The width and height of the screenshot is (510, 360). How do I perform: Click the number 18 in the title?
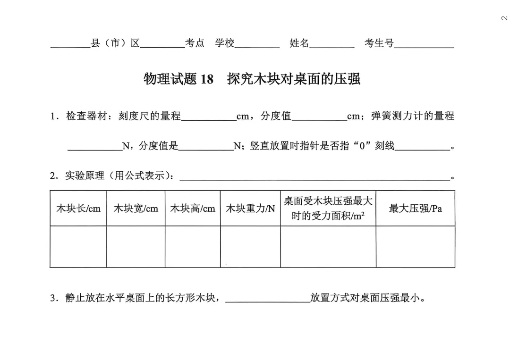pyautogui.click(x=207, y=79)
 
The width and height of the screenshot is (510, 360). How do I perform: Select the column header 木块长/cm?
pyautogui.click(x=78, y=209)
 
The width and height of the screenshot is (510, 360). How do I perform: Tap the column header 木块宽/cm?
pyautogui.click(x=136, y=209)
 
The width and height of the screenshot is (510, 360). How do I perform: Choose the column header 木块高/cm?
pyautogui.click(x=193, y=209)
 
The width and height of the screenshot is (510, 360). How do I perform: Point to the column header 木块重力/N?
pyautogui.click(x=250, y=209)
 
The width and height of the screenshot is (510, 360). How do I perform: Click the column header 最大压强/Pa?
pyautogui.click(x=416, y=209)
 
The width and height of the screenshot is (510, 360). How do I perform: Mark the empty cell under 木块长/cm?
pyautogui.click(x=78, y=246)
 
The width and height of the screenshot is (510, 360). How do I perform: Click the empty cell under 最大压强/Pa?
pyautogui.click(x=416, y=246)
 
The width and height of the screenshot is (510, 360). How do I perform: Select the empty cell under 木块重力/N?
pyautogui.click(x=250, y=246)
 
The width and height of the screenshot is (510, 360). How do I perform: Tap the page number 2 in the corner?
pyautogui.click(x=503, y=18)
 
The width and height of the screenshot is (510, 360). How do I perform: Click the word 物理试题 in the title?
pyautogui.click(x=170, y=79)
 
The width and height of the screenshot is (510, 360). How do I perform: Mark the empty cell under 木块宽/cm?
pyautogui.click(x=136, y=246)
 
